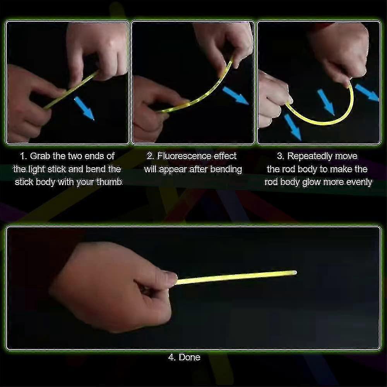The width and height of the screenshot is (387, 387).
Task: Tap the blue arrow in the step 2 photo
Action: pyautogui.click(x=235, y=96)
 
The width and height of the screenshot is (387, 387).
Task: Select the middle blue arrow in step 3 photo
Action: pyautogui.click(x=326, y=102)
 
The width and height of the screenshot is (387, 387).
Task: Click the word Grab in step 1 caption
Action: pyautogui.click(x=40, y=156)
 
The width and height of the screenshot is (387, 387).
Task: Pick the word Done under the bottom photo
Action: pyautogui.click(x=189, y=357)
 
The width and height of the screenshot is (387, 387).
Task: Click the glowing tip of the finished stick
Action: pyautogui.click(x=294, y=273)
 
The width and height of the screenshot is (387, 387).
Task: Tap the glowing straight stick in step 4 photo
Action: pyautogui.click(x=236, y=277)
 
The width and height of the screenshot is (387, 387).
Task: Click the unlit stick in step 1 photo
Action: pyautogui.click(x=71, y=90)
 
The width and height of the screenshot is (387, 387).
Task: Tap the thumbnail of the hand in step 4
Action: pyautogui.click(x=171, y=274)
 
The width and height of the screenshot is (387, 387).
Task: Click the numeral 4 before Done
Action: pyautogui.click(x=171, y=357)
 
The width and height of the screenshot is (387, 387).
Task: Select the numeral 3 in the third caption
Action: pyautogui.click(x=280, y=156)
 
